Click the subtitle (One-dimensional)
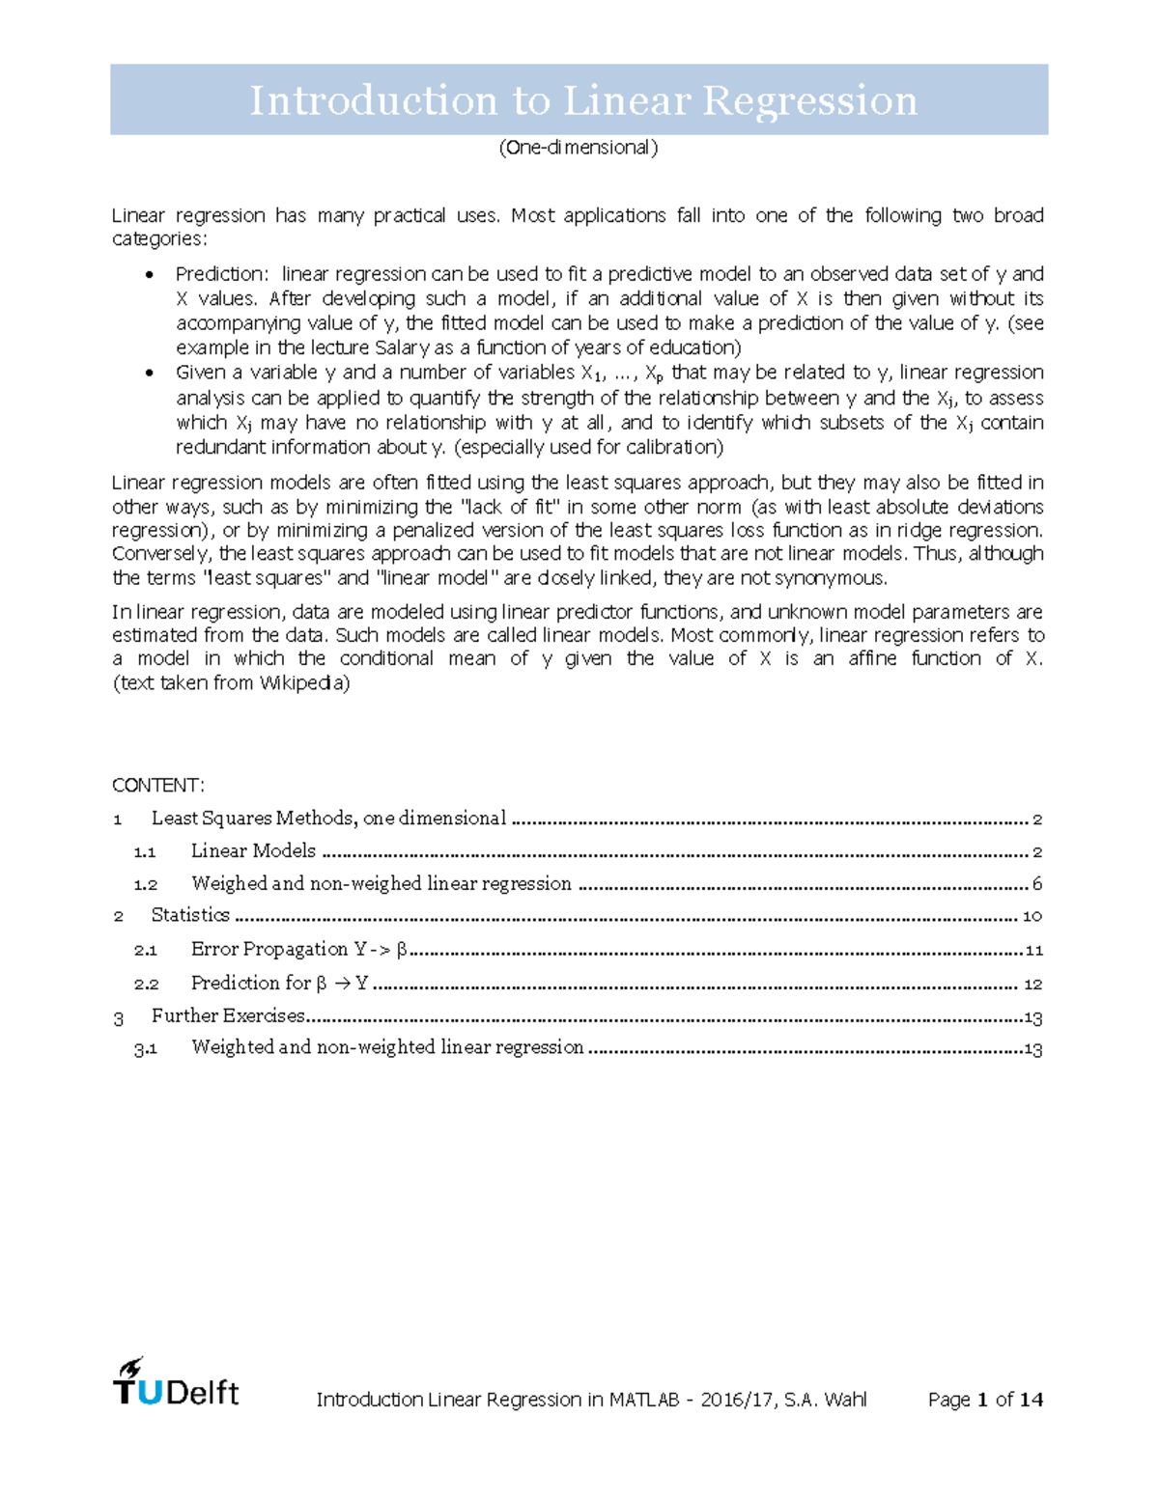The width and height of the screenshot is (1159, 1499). [x=579, y=148]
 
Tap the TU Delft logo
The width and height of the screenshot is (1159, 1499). [x=176, y=1382]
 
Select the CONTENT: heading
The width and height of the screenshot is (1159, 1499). [x=158, y=785]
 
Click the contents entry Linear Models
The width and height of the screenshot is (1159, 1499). [x=253, y=850]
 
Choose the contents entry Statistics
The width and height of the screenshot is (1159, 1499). [x=190, y=915]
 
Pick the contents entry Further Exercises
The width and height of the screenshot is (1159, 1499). [x=228, y=1015]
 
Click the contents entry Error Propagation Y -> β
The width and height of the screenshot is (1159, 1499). [x=299, y=949]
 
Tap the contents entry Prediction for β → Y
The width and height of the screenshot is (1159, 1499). [x=279, y=983]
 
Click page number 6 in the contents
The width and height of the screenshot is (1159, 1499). [x=1037, y=884]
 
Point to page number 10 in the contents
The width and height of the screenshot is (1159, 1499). [x=1032, y=916]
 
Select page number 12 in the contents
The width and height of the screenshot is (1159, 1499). [x=1032, y=985]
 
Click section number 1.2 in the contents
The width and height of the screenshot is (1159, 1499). [x=146, y=884]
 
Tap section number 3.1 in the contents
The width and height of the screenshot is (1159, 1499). [x=146, y=1048]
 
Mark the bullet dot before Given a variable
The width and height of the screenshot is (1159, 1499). [x=148, y=374]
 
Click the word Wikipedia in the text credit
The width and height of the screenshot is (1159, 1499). [x=304, y=683]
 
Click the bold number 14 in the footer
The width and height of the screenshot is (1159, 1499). [x=1031, y=1400]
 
